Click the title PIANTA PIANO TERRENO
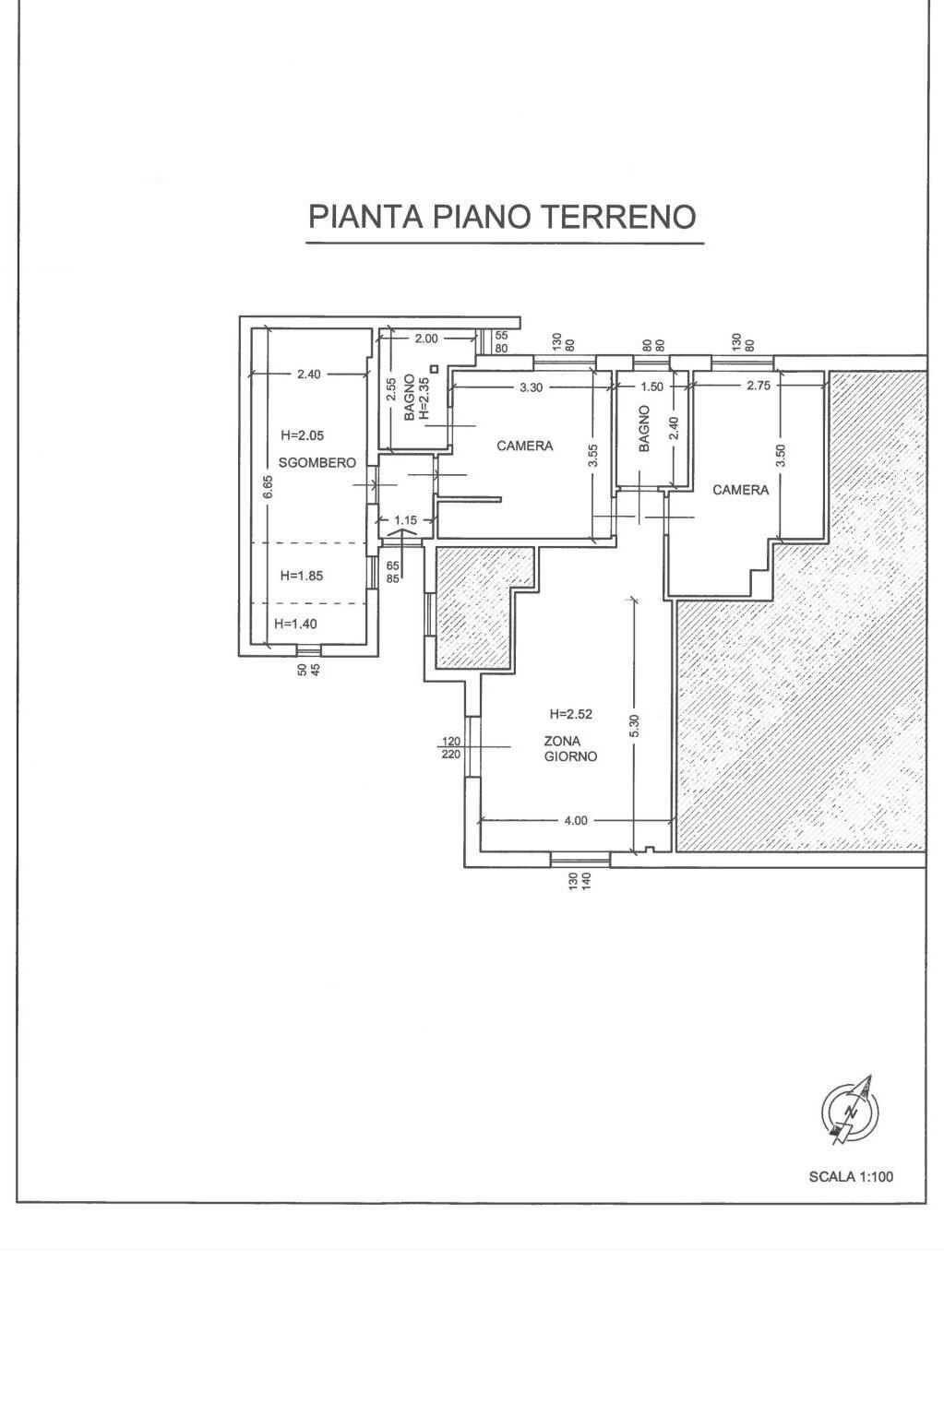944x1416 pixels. (x=502, y=217)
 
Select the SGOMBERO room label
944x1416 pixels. (x=317, y=463)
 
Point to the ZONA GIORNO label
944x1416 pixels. (x=570, y=748)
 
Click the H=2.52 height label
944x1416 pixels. (x=571, y=714)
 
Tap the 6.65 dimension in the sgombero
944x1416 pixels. (x=269, y=487)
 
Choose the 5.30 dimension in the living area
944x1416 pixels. (x=635, y=725)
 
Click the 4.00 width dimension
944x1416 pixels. (x=576, y=820)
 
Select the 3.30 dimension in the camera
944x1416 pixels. (x=532, y=387)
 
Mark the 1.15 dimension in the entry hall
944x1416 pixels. (x=405, y=520)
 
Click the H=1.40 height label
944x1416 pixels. (x=295, y=624)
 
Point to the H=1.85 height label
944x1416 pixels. (x=302, y=576)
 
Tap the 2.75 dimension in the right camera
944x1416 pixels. (x=759, y=385)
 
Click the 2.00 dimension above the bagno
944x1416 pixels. (x=426, y=339)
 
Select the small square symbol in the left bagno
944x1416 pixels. (x=434, y=368)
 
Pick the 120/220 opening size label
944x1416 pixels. (x=451, y=748)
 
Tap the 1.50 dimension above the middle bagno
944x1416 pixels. (x=651, y=387)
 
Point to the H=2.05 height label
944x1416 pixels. (x=303, y=435)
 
